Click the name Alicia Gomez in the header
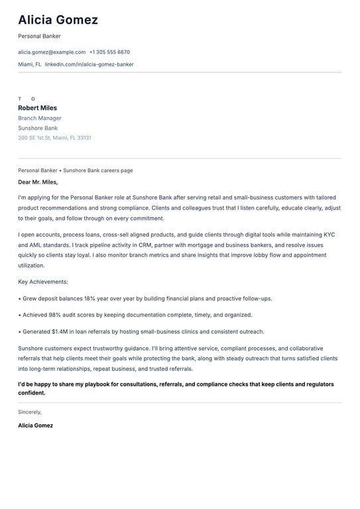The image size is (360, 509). (58, 20)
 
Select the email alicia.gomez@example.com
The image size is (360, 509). (52, 52)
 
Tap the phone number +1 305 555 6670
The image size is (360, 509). (109, 52)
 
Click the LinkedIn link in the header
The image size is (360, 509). (89, 64)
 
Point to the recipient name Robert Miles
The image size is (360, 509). (37, 108)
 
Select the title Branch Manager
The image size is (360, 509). (40, 118)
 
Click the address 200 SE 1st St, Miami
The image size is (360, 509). (54, 138)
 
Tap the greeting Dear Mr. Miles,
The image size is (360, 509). (38, 182)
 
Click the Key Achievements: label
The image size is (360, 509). (43, 282)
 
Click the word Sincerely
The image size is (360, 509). (30, 412)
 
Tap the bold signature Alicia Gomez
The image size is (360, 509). (35, 425)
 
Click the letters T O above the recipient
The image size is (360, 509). (27, 99)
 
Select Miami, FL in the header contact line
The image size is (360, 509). (29, 64)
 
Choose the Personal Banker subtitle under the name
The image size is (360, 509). (39, 36)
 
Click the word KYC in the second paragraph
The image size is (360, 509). (330, 235)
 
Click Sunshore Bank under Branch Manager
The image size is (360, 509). (38, 128)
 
